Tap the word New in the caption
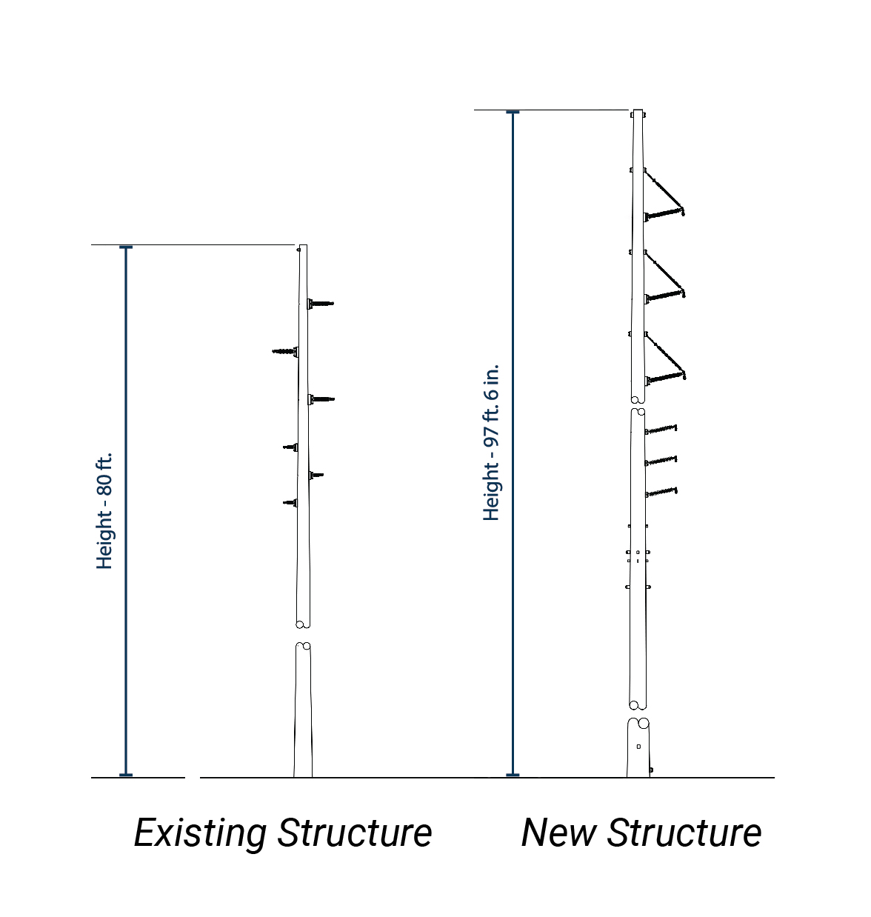pos(558,833)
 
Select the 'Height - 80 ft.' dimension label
pos(104,511)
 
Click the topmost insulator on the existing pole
pos(321,303)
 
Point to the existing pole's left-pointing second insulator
pos(285,351)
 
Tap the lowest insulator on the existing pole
pos(290,503)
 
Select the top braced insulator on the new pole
pos(664,214)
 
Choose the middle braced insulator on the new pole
pos(664,296)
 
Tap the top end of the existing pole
pos(302,247)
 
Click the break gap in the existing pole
pos(303,636)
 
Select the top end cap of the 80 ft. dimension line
pos(126,247)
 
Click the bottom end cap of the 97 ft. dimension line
pos(513,775)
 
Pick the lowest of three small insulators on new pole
pos(661,492)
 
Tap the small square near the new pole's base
pos(638,747)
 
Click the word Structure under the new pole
pos(684,833)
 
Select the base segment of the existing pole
pos(303,711)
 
